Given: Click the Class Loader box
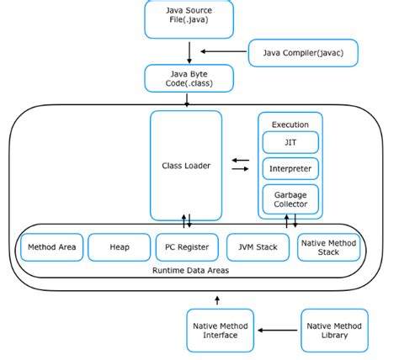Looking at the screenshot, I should (x=186, y=166).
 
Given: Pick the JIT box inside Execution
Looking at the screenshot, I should (x=290, y=143).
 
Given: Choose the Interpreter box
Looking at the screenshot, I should (x=290, y=169).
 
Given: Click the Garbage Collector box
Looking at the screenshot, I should (x=290, y=200).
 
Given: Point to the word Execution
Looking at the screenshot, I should (x=290, y=124).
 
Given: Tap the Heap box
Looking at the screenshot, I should (x=120, y=247).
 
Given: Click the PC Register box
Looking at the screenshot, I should (x=186, y=247).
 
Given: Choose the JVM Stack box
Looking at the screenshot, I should (x=257, y=247).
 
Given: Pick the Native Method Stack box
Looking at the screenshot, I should (x=327, y=247).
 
